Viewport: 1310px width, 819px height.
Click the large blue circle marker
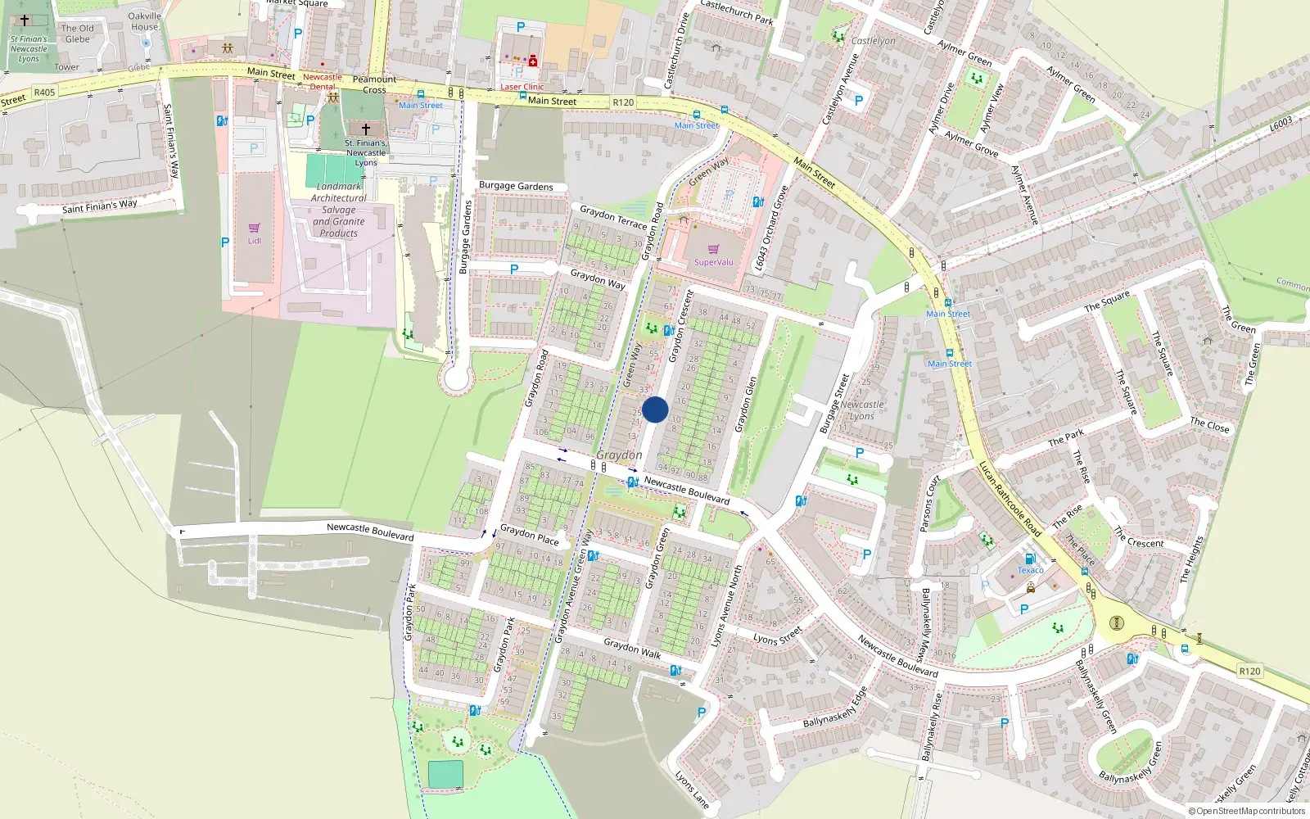click(x=655, y=409)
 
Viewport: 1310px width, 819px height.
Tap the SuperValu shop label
click(x=713, y=262)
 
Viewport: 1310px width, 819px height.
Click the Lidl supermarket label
click(x=255, y=241)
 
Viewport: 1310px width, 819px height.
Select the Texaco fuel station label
click(x=1030, y=570)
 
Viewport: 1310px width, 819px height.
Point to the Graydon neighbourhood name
click(x=619, y=455)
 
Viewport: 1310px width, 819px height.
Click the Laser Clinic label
click(x=522, y=87)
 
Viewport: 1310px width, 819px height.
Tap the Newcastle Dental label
click(x=323, y=82)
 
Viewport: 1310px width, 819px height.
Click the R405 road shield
click(x=44, y=93)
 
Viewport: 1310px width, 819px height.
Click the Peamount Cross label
click(x=374, y=84)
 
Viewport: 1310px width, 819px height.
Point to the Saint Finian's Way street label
click(x=100, y=206)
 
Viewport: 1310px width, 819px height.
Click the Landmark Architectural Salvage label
click(x=339, y=210)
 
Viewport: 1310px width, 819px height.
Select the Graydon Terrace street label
click(x=613, y=218)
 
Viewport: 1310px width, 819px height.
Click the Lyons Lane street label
click(x=692, y=789)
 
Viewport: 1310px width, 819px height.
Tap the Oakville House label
click(x=144, y=21)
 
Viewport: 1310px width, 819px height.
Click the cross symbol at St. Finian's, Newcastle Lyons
click(x=366, y=129)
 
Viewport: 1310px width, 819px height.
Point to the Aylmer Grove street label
click(x=971, y=144)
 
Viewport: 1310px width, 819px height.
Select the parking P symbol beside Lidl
click(x=225, y=242)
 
